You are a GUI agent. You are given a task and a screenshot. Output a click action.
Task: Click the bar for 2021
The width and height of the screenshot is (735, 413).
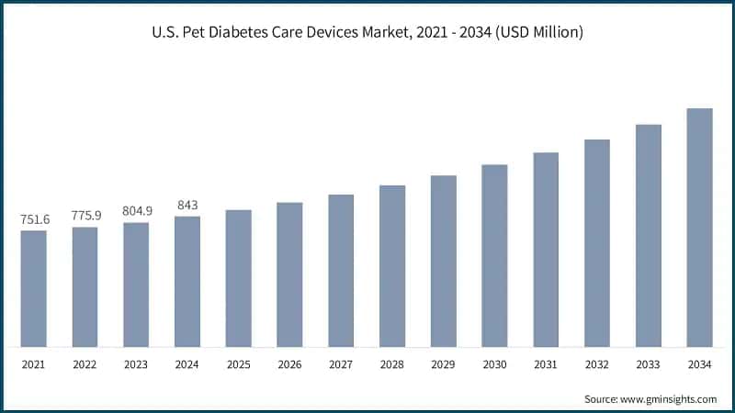point(33,288)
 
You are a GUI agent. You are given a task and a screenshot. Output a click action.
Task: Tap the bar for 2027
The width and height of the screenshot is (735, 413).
point(341,271)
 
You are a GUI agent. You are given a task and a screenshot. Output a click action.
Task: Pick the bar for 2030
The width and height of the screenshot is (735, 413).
point(494,256)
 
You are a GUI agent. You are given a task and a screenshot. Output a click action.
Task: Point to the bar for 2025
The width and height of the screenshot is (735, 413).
point(238,278)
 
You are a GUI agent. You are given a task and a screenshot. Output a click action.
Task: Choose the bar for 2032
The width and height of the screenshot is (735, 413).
point(597,243)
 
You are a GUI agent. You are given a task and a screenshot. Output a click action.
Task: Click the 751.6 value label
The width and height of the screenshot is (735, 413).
point(34,219)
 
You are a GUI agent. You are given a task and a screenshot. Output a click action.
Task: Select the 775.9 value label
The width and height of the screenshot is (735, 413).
point(85,216)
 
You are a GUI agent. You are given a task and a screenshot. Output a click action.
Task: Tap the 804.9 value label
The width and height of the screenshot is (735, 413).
point(137,211)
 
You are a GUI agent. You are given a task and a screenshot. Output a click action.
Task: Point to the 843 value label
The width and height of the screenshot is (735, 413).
point(187,205)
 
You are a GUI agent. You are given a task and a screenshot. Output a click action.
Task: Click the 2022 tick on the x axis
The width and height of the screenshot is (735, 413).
point(85,364)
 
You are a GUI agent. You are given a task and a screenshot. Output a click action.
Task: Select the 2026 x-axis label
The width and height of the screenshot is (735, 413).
point(289,364)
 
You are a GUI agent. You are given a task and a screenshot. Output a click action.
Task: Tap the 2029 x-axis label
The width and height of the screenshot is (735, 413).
point(444,364)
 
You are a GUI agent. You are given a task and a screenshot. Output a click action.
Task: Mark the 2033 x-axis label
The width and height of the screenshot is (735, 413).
point(649,364)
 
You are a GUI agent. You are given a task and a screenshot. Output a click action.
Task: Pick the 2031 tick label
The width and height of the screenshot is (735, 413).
point(546,364)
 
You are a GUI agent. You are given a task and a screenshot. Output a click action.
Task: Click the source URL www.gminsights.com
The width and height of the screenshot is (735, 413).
point(671,399)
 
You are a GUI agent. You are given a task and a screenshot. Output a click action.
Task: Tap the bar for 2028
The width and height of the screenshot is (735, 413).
point(392,266)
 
